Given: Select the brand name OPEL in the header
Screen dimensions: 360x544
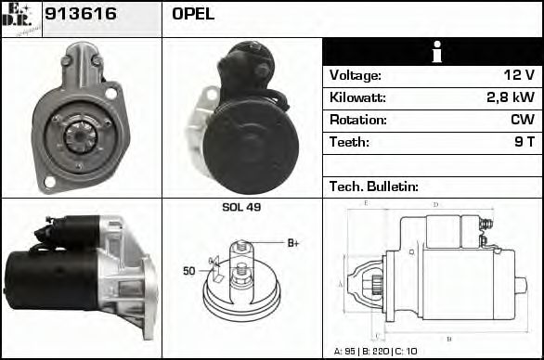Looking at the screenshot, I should [193, 14].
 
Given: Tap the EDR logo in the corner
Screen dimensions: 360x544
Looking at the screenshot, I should [21, 19].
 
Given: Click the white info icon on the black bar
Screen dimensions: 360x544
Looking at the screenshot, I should [432, 52].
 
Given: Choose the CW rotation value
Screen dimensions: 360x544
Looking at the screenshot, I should [522, 120].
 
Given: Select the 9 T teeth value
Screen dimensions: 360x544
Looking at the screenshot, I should [524, 142].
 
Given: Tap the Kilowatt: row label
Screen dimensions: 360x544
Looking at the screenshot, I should [357, 97].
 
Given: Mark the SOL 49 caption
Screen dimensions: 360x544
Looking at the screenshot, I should [241, 207].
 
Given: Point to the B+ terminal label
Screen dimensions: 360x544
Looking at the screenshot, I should [292, 243].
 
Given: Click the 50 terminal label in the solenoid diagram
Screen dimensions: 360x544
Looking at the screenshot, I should [188, 271].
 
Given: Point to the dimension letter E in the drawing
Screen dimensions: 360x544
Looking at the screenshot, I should [366, 202].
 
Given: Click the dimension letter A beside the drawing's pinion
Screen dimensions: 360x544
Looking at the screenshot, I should [340, 283].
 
